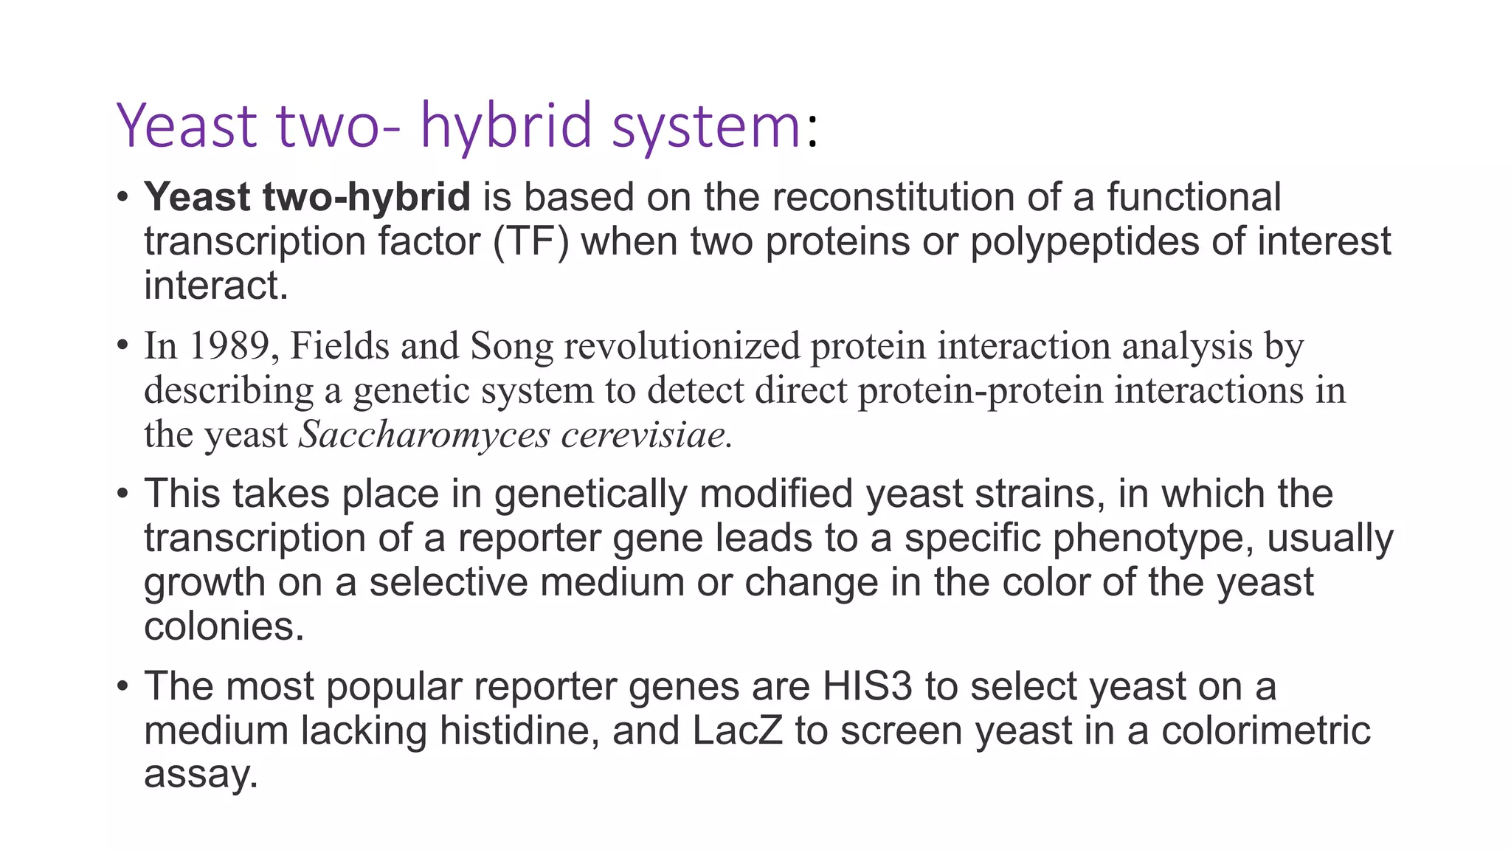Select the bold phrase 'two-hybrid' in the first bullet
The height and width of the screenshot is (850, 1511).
(366, 198)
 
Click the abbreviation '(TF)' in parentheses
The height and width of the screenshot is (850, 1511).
(530, 242)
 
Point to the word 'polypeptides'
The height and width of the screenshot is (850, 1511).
(1084, 243)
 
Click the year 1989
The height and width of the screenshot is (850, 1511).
(229, 346)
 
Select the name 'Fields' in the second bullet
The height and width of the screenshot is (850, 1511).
(339, 346)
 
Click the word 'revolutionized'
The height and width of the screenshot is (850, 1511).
(682, 346)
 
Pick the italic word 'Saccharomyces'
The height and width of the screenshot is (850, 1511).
(424, 435)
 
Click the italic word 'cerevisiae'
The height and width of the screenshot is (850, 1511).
(644, 435)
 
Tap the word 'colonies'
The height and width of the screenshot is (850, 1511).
(221, 627)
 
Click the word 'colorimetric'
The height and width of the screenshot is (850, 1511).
(1265, 731)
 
